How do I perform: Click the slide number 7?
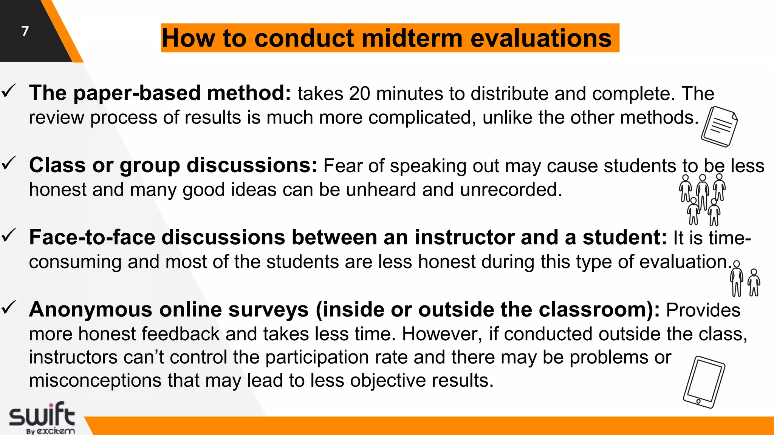click(25, 31)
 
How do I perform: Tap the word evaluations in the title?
click(541, 39)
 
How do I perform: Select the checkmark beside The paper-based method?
click(8, 91)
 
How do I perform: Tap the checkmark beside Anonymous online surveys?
click(8, 307)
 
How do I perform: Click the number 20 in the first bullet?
click(359, 94)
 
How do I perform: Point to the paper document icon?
click(720, 127)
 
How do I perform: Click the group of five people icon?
click(703, 199)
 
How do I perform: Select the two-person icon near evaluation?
click(745, 279)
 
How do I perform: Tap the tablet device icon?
click(704, 382)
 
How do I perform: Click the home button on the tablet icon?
click(698, 401)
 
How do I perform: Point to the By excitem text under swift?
click(50, 431)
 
